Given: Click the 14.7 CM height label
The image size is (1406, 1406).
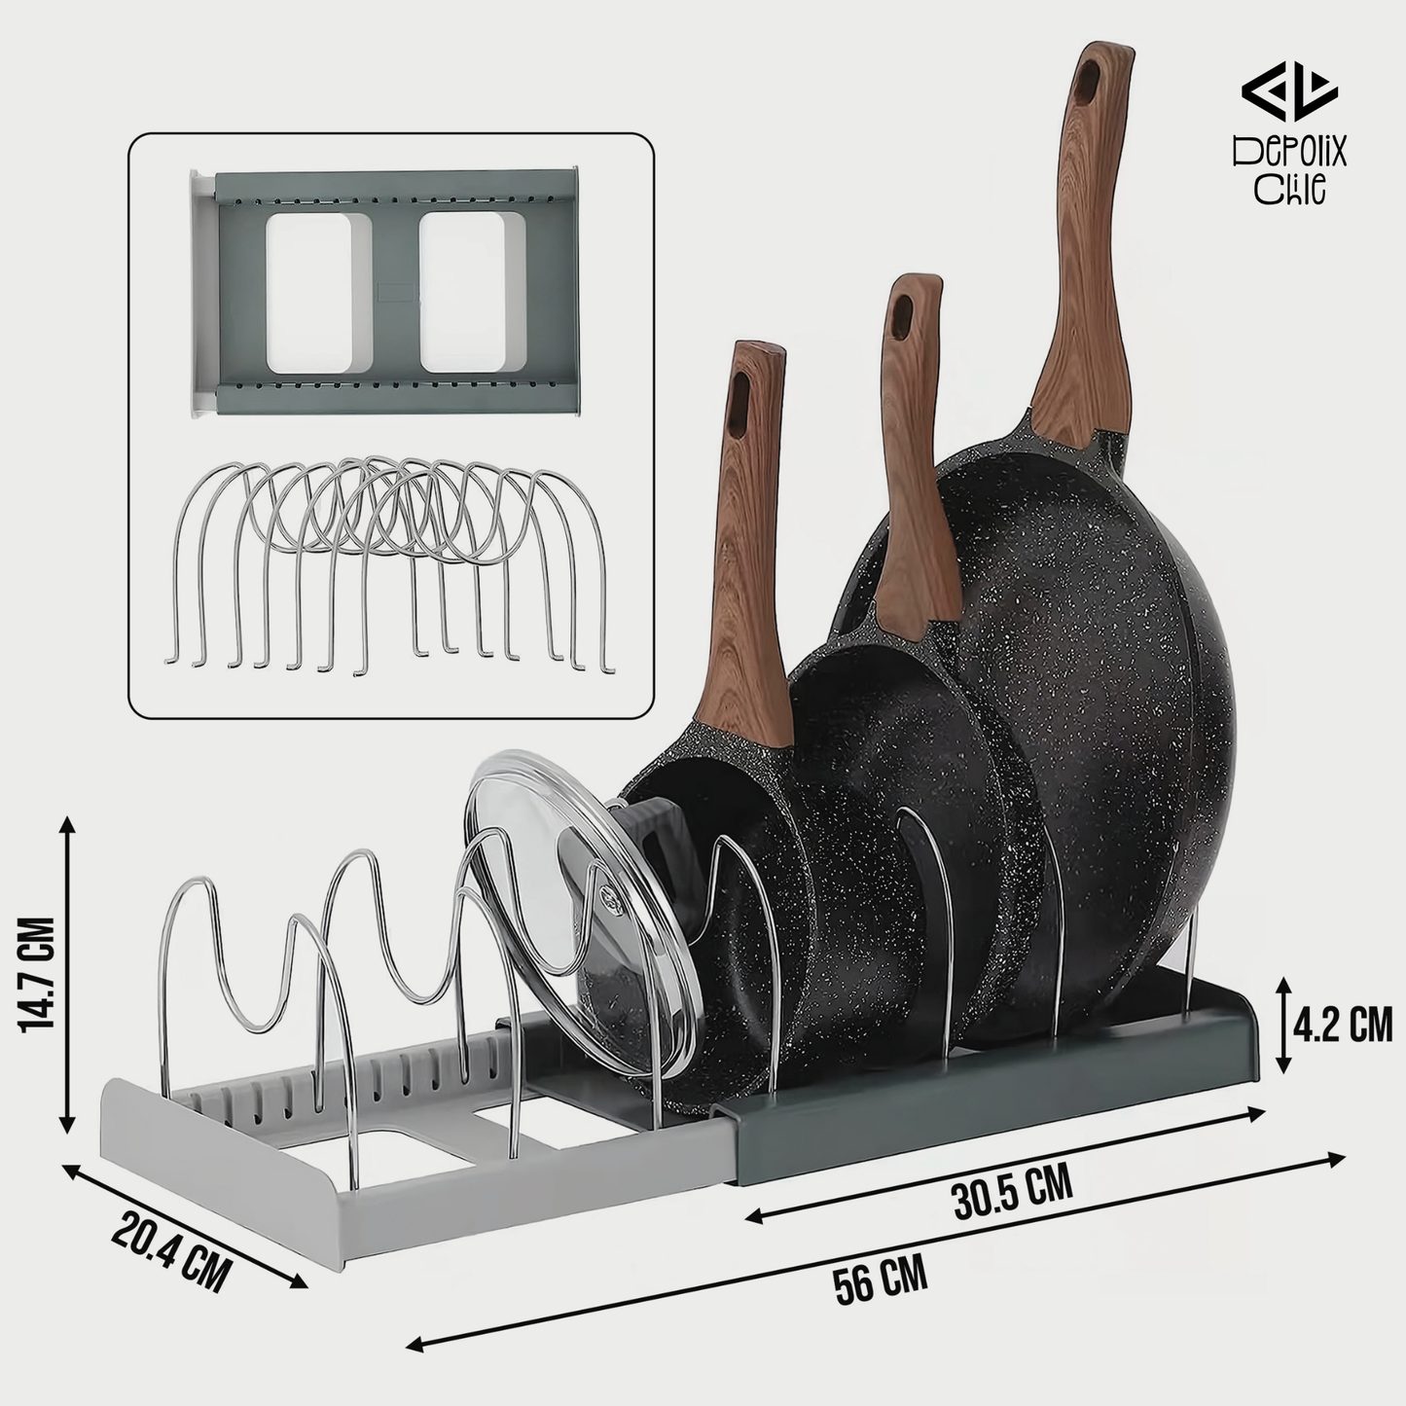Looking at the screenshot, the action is [x=37, y=973].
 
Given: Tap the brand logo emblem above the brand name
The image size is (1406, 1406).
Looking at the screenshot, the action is [x=1289, y=92].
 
